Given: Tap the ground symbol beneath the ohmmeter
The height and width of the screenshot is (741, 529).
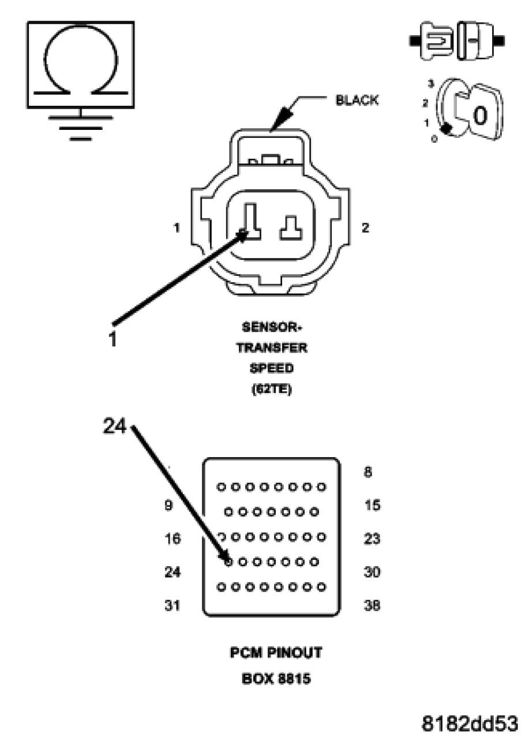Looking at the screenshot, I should click(80, 125).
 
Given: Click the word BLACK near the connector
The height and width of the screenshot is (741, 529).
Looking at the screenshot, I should click(357, 100).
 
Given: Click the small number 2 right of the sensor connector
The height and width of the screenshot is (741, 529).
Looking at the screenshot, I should click(365, 227).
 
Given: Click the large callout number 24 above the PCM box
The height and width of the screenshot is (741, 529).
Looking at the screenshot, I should click(115, 426).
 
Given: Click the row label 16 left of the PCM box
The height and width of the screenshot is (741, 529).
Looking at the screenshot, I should click(171, 539).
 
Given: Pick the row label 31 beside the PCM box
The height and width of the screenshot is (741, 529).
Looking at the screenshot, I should click(171, 606).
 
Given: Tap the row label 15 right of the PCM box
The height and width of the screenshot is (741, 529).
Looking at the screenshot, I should click(373, 506).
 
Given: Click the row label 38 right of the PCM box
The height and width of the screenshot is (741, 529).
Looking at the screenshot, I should click(373, 606).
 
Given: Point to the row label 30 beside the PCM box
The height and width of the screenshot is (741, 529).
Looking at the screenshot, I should click(373, 572).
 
